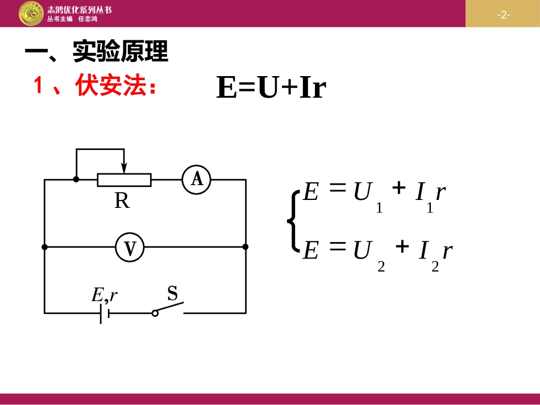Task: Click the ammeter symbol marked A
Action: coord(197,179)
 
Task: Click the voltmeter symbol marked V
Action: coord(130,247)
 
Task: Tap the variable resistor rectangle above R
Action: coord(124,179)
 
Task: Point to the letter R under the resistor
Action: coord(122,201)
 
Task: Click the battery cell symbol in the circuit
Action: coord(105,313)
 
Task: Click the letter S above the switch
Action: coord(172,294)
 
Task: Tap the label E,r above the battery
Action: coord(105,294)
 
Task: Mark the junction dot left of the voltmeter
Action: coord(45,247)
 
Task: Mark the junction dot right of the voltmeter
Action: coord(246,247)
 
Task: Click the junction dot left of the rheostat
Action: coord(76,179)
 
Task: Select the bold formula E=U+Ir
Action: coord(271,88)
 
